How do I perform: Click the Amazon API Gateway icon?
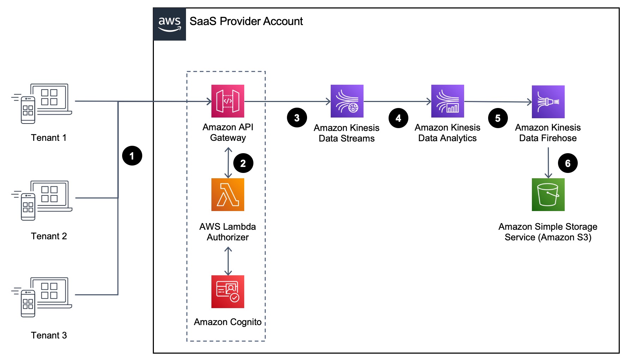pyautogui.click(x=228, y=101)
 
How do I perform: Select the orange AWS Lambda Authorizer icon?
pyautogui.click(x=228, y=194)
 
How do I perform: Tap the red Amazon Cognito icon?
pyautogui.click(x=228, y=292)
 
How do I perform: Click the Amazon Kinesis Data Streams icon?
pyautogui.click(x=347, y=101)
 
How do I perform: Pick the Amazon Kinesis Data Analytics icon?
pyautogui.click(x=448, y=101)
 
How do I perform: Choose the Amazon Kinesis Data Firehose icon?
pyautogui.click(x=548, y=102)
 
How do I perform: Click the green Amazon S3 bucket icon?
pyautogui.click(x=548, y=194)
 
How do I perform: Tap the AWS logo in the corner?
pyautogui.click(x=169, y=24)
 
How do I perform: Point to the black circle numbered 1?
pyautogui.click(x=132, y=156)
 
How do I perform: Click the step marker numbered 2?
pyautogui.click(x=243, y=163)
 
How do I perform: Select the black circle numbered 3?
pyautogui.click(x=297, y=118)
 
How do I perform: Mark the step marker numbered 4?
pyautogui.click(x=398, y=118)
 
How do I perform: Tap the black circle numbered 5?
pyautogui.click(x=498, y=118)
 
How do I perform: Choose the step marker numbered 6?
pyautogui.click(x=568, y=163)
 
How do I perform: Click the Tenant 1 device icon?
pyautogui.click(x=42, y=103)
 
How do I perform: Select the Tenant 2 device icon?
pyautogui.click(x=42, y=200)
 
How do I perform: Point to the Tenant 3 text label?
pyautogui.click(x=49, y=335)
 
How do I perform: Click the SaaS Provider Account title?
pyautogui.click(x=246, y=22)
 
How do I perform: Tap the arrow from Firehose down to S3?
pyautogui.click(x=548, y=163)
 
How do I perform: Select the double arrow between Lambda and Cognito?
pyautogui.click(x=228, y=261)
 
